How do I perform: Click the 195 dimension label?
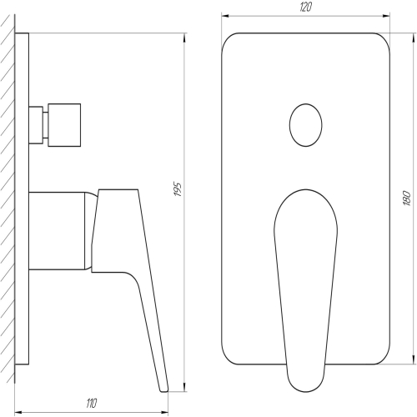coord(178,189)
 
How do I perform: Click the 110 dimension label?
coord(91,404)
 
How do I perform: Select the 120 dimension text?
coord(306,8)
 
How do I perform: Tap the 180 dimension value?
coord(406,198)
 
